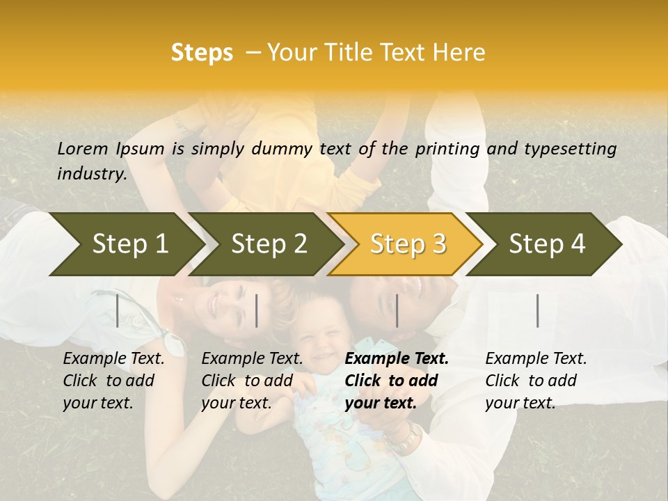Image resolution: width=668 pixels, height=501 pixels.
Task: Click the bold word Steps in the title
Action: (x=202, y=53)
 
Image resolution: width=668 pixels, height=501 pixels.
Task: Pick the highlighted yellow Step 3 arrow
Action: (x=408, y=244)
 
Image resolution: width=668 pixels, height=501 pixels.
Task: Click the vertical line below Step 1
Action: (x=118, y=310)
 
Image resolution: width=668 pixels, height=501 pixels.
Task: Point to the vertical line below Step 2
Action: (x=257, y=310)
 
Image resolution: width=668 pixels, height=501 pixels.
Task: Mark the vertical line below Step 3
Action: (x=397, y=310)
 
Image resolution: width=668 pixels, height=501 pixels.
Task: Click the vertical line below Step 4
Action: (x=538, y=310)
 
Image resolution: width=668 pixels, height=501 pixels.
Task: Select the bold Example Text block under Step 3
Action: (x=397, y=381)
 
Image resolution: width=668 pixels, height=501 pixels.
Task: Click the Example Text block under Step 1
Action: (x=113, y=381)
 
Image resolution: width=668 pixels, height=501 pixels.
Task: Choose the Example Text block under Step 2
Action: (x=252, y=381)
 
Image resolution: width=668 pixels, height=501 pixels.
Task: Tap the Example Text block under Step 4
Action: (x=536, y=381)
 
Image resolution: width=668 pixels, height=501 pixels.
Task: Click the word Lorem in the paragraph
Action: (x=83, y=148)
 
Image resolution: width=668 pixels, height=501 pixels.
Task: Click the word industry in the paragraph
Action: (x=91, y=173)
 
